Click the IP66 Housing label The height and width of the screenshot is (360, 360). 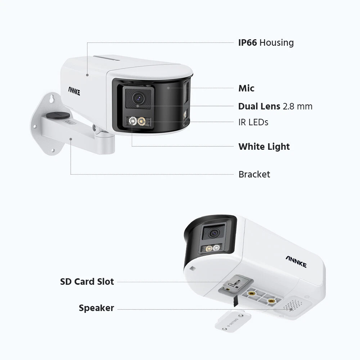(266, 43)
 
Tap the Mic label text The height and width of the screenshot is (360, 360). (246, 88)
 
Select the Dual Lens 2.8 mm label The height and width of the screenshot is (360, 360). (275, 106)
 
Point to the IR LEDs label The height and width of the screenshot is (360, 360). (253, 122)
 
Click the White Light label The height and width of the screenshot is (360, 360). (264, 147)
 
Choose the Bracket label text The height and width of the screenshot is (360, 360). (254, 174)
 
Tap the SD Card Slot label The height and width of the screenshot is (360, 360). (87, 282)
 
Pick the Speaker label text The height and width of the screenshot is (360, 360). (96, 308)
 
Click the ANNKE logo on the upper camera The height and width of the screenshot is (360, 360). (74, 91)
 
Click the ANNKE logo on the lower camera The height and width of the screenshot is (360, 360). (296, 262)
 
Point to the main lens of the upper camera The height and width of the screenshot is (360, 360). (138, 98)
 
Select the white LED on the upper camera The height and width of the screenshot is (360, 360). (133, 121)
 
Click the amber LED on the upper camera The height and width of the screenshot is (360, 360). (141, 121)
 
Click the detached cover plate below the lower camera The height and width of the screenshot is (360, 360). (232, 321)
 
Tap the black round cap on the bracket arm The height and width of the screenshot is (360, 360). (58, 115)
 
